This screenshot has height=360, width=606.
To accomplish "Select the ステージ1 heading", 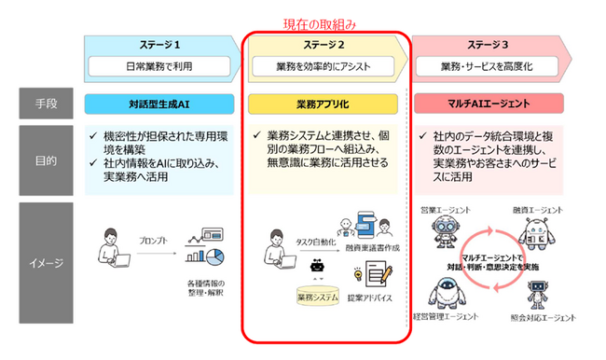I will coord(159,44).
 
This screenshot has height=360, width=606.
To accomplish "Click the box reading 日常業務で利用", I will coord(159,66).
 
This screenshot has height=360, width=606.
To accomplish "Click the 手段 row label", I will coord(44,103).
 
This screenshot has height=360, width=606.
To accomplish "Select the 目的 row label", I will coord(44,160).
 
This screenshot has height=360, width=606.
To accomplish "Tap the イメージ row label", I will coord(44,262).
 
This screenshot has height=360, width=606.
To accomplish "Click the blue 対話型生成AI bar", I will coord(159,103).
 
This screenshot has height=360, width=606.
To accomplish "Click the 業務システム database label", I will coord(320,298).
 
